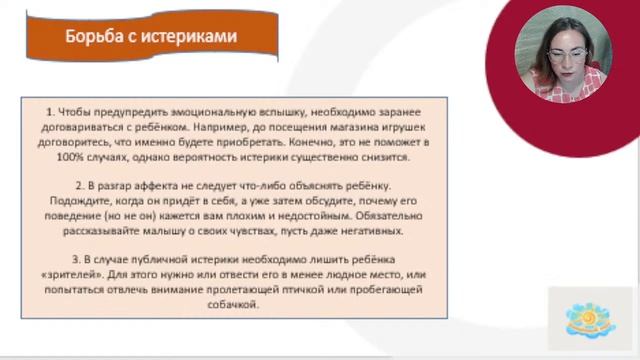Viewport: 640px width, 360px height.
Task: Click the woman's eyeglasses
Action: pos(567,53)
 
